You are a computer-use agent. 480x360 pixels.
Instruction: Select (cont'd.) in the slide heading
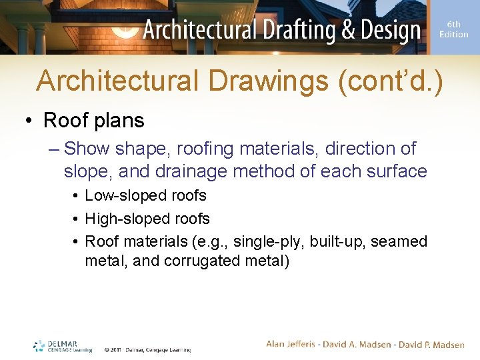(391, 81)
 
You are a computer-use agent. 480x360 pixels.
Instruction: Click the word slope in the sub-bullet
(89, 171)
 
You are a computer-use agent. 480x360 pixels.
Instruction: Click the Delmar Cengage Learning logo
(63, 346)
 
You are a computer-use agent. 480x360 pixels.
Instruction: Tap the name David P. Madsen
(431, 344)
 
